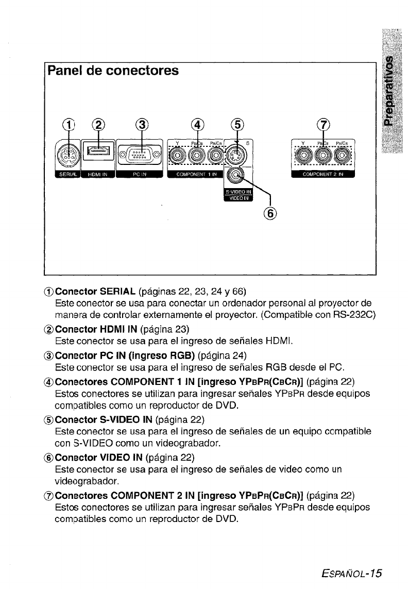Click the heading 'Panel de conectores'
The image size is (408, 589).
[x=113, y=71]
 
